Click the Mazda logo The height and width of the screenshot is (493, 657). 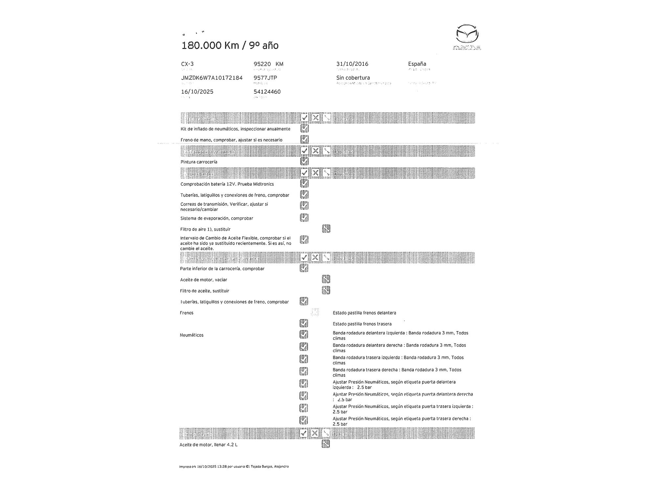467,37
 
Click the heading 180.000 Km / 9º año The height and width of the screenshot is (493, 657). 230,45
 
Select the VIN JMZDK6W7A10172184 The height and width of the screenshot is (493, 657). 212,78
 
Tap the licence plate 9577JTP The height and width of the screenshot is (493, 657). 265,78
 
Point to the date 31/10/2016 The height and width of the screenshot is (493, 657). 352,64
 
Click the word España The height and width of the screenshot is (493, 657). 417,64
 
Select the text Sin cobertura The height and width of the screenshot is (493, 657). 353,78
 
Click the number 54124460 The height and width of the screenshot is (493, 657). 267,92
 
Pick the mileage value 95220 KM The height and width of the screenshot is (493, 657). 268,64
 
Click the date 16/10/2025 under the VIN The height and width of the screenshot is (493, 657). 197,92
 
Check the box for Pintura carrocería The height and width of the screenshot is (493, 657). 305,161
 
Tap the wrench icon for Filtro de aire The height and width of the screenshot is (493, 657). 326,229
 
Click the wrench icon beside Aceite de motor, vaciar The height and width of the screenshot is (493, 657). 326,279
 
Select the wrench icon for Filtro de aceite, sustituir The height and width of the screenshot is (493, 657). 326,290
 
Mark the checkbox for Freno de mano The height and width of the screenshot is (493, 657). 305,139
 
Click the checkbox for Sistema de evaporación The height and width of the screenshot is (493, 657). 304,218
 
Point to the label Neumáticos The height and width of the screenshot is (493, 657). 192,335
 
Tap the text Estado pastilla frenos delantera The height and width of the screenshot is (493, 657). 364,313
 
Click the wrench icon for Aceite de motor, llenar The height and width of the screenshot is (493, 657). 326,444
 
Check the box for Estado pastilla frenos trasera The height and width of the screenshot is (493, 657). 304,323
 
